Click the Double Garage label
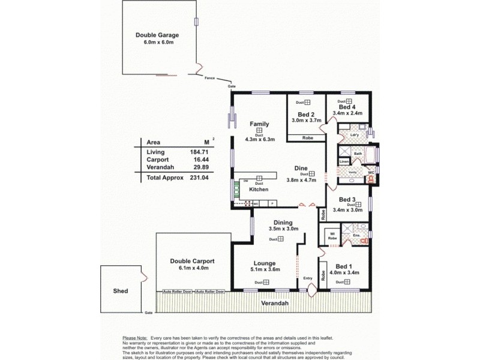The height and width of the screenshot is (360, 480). pos(157,35)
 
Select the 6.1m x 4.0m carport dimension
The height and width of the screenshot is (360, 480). pos(192,268)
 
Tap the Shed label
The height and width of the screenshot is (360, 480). pos(120,291)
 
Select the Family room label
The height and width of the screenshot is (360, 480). pos(259,124)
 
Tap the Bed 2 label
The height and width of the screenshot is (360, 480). pos(306,114)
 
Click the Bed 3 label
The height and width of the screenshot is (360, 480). pos(348,199)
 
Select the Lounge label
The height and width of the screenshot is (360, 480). pos(264,263)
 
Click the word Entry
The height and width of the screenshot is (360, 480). pos(308,278)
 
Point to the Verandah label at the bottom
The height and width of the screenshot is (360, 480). pos(274,303)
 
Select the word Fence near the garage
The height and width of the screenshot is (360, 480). pos(209,78)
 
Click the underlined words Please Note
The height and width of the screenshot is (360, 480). pos(134,338)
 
